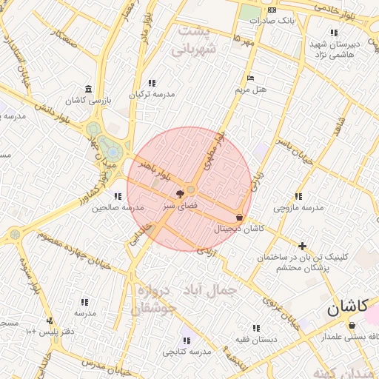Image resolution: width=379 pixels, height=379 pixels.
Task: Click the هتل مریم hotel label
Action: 250,90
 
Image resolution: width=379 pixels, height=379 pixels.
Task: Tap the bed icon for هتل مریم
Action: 251,78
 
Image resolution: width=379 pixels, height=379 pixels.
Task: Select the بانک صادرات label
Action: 272,20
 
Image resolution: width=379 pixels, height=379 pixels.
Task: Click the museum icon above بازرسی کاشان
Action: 89,87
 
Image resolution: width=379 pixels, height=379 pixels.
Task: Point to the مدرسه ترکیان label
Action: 152,94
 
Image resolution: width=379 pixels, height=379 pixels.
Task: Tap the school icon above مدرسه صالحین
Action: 118,196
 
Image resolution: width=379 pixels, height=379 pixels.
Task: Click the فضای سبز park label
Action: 180,203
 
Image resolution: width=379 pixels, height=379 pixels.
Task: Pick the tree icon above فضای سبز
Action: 181,192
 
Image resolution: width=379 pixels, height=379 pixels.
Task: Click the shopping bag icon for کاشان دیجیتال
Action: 239,218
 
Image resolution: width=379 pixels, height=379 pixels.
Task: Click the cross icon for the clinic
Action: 302,245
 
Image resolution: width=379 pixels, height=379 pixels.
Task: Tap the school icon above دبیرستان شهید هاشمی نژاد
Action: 335,33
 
